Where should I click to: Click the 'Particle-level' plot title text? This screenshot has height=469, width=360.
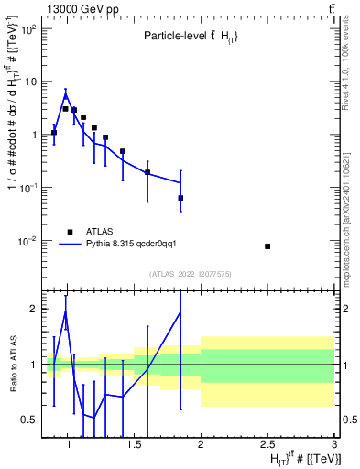coord(176,36)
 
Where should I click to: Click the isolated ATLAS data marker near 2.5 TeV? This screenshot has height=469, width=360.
coord(267,246)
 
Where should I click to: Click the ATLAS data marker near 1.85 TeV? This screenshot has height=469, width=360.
coord(180,198)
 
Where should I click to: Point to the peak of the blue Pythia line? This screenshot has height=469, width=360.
coord(66,93)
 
